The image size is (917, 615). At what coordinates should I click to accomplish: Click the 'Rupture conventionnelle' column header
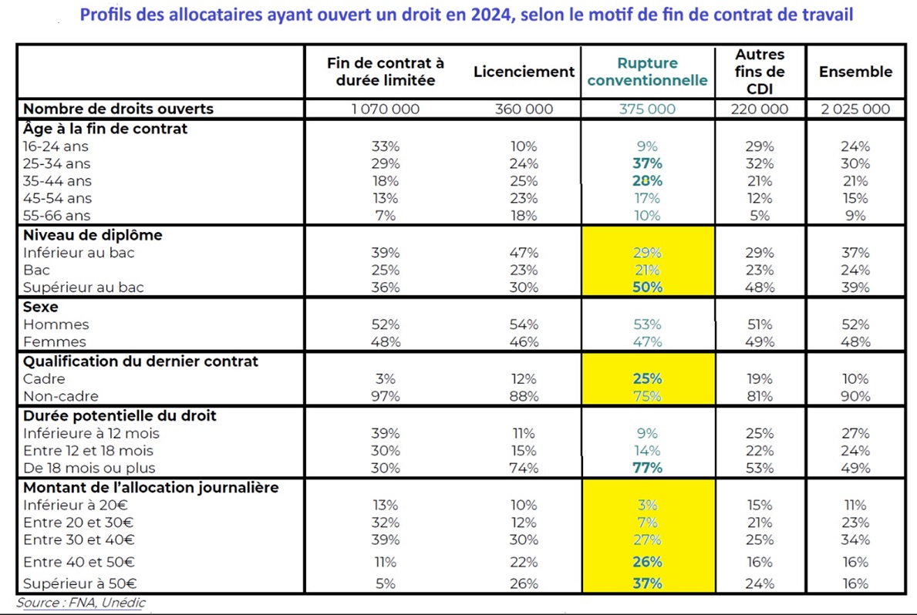tap(647, 72)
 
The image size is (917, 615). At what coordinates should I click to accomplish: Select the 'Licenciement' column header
tap(524, 72)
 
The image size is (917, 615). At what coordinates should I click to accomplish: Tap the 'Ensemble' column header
tap(855, 72)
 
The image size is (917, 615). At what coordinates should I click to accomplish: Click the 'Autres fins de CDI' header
tap(760, 72)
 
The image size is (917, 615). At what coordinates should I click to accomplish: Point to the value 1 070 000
tap(386, 109)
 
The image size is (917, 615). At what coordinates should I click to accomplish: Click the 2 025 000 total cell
tap(855, 109)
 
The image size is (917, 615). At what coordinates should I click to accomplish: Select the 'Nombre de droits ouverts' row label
tap(118, 109)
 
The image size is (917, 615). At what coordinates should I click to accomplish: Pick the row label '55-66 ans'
tap(56, 215)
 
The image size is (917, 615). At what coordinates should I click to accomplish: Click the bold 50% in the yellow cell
tap(647, 287)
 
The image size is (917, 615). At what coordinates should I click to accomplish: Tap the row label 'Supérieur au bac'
tap(83, 287)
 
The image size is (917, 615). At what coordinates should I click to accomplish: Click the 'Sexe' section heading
tap(40, 307)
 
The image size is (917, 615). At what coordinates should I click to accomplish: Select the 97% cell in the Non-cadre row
tap(386, 396)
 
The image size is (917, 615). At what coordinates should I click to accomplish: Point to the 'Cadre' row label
tap(44, 379)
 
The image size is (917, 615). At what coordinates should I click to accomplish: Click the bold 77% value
tap(647, 468)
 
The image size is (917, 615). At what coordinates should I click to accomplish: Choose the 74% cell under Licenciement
tap(524, 468)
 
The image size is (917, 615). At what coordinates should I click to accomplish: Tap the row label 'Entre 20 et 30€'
tap(79, 522)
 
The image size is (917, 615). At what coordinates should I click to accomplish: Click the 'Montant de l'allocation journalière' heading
tap(151, 488)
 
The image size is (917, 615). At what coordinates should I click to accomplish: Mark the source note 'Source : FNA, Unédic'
tap(81, 603)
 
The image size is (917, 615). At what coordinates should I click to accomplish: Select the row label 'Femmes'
tap(55, 341)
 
